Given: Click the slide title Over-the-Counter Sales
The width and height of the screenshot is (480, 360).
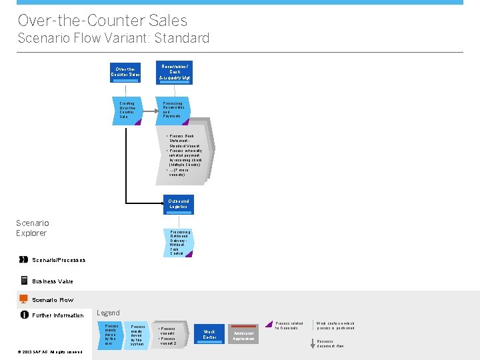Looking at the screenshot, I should (x=103, y=21).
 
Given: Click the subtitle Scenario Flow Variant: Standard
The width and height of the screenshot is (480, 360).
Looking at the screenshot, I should (x=113, y=38).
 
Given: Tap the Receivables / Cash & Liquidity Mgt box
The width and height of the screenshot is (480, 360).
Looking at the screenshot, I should (x=175, y=71).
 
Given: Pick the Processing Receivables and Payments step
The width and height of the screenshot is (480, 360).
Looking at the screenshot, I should (x=175, y=111).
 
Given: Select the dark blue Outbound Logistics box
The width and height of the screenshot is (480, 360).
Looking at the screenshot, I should (x=179, y=204).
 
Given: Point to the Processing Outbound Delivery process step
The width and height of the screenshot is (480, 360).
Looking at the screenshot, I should (x=179, y=243).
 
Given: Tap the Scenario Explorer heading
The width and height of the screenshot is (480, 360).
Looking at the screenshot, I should (x=32, y=228).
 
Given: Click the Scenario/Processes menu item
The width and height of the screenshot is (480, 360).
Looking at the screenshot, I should (x=58, y=260).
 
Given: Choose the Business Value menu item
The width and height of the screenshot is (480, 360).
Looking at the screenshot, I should (x=53, y=281).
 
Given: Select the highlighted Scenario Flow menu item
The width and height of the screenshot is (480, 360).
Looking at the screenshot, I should (x=53, y=300).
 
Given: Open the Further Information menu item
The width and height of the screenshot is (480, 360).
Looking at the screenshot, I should (x=58, y=315).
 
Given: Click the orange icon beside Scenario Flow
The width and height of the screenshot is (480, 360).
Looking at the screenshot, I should (x=24, y=299).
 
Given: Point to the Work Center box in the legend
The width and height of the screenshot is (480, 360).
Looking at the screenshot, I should (x=209, y=334).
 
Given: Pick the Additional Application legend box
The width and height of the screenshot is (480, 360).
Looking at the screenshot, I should (x=243, y=335).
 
